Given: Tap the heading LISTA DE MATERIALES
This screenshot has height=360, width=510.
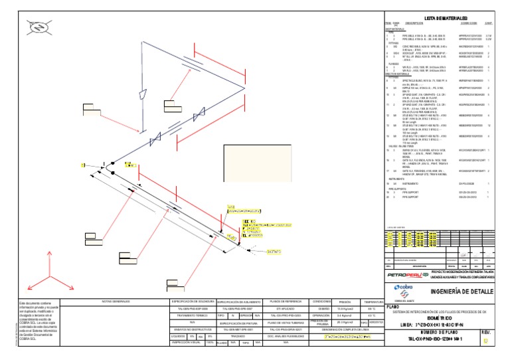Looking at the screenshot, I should tap(446, 18).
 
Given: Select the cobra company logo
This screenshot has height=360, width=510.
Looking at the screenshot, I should tap(405, 288).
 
